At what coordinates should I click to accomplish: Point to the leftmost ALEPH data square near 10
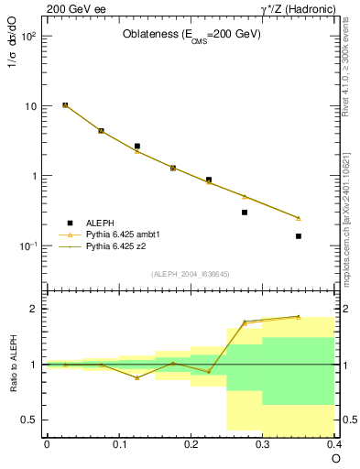coord(65,105)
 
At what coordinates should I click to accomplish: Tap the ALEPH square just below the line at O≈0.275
coord(245,213)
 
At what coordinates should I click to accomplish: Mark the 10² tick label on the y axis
coord(28,37)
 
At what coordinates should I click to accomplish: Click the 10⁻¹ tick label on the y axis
coord(28,246)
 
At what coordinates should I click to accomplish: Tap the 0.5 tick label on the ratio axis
coord(29,420)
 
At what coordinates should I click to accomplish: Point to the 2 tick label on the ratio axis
coord(34,309)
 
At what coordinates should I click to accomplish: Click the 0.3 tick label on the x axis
coord(262,443)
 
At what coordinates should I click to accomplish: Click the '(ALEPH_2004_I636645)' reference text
coord(191,275)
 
